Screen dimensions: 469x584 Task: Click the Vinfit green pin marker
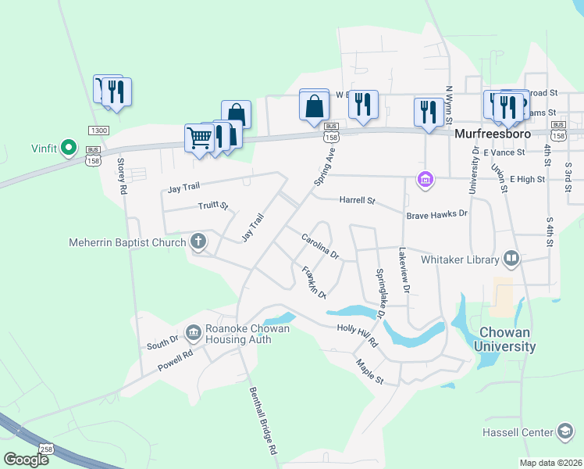click(x=69, y=146)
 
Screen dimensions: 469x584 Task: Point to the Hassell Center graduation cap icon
click(x=564, y=431)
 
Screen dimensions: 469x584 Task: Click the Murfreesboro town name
click(x=493, y=134)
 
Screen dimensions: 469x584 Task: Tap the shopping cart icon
click(x=199, y=138)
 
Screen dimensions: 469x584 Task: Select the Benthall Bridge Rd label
click(x=263, y=422)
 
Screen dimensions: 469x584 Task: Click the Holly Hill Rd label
click(x=357, y=336)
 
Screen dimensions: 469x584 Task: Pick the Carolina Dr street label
click(x=320, y=246)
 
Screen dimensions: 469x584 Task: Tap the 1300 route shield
click(x=98, y=131)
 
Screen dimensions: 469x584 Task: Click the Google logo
click(x=26, y=460)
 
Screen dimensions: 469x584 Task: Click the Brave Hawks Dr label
click(x=436, y=213)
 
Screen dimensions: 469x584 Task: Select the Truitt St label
click(x=212, y=206)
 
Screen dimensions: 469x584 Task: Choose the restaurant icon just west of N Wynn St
click(x=427, y=111)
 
